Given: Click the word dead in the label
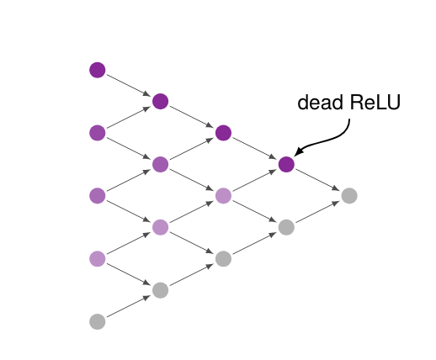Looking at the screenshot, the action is [321, 102].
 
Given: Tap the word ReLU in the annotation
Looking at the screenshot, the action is [375, 102].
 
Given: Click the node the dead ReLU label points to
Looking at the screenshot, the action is [286, 164].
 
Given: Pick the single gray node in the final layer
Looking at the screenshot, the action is [349, 196].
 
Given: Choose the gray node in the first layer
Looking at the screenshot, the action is [98, 321].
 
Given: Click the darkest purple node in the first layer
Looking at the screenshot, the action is [98, 70].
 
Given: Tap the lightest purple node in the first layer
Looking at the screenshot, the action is [98, 258].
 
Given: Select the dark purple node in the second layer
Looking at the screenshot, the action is [161, 102].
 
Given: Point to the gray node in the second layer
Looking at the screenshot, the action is [161, 290].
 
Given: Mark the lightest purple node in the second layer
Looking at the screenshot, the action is [161, 227].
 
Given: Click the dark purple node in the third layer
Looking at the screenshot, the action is [223, 133].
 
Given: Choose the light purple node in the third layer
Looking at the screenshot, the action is [223, 196].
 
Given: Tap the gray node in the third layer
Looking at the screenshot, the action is [223, 258].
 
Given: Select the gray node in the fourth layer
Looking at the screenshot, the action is [286, 227].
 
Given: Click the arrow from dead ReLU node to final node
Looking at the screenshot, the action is [318, 180].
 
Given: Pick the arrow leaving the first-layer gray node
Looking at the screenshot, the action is [129, 306].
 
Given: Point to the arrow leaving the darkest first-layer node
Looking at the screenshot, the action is [129, 86].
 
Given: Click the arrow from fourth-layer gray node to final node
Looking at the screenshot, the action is [318, 211].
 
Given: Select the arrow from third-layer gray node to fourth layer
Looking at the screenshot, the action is [255, 243].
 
